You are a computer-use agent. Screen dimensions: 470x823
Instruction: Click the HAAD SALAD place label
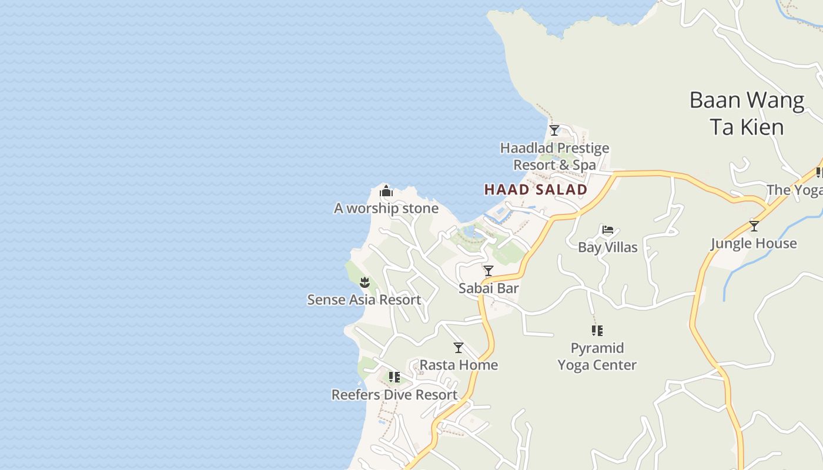[x=536, y=189]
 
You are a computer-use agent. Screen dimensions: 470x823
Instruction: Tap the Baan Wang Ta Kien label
[x=747, y=113]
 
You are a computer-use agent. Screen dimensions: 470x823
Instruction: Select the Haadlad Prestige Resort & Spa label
[x=554, y=156]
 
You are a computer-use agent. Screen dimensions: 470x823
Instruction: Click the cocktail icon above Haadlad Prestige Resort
[x=554, y=130]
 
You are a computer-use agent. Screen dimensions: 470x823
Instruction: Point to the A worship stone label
[x=386, y=208]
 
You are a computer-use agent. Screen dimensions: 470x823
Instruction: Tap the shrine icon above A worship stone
[x=386, y=191]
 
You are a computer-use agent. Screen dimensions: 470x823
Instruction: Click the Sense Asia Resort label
[x=364, y=300]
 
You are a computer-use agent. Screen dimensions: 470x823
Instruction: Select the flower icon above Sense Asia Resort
[x=364, y=282]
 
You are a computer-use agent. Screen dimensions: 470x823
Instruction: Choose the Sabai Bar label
[x=489, y=288]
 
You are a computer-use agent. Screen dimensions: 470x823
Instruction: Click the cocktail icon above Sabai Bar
[x=489, y=271]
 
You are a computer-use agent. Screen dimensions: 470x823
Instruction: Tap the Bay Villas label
[x=608, y=247]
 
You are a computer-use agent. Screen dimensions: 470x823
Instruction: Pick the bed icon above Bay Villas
[x=608, y=229]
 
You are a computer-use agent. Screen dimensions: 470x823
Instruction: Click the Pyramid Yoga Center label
[x=597, y=356]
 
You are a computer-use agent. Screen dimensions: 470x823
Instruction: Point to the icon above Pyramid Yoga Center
[x=597, y=331]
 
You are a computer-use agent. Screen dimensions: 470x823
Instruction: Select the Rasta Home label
[x=459, y=365]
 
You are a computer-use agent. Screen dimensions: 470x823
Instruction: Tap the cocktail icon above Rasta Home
[x=459, y=348]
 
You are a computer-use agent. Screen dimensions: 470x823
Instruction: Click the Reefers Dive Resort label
[x=394, y=394]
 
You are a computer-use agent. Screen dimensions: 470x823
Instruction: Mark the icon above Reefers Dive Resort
[x=394, y=377]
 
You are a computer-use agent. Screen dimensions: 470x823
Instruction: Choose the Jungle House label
[x=754, y=243]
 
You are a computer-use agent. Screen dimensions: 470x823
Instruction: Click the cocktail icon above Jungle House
[x=754, y=226]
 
